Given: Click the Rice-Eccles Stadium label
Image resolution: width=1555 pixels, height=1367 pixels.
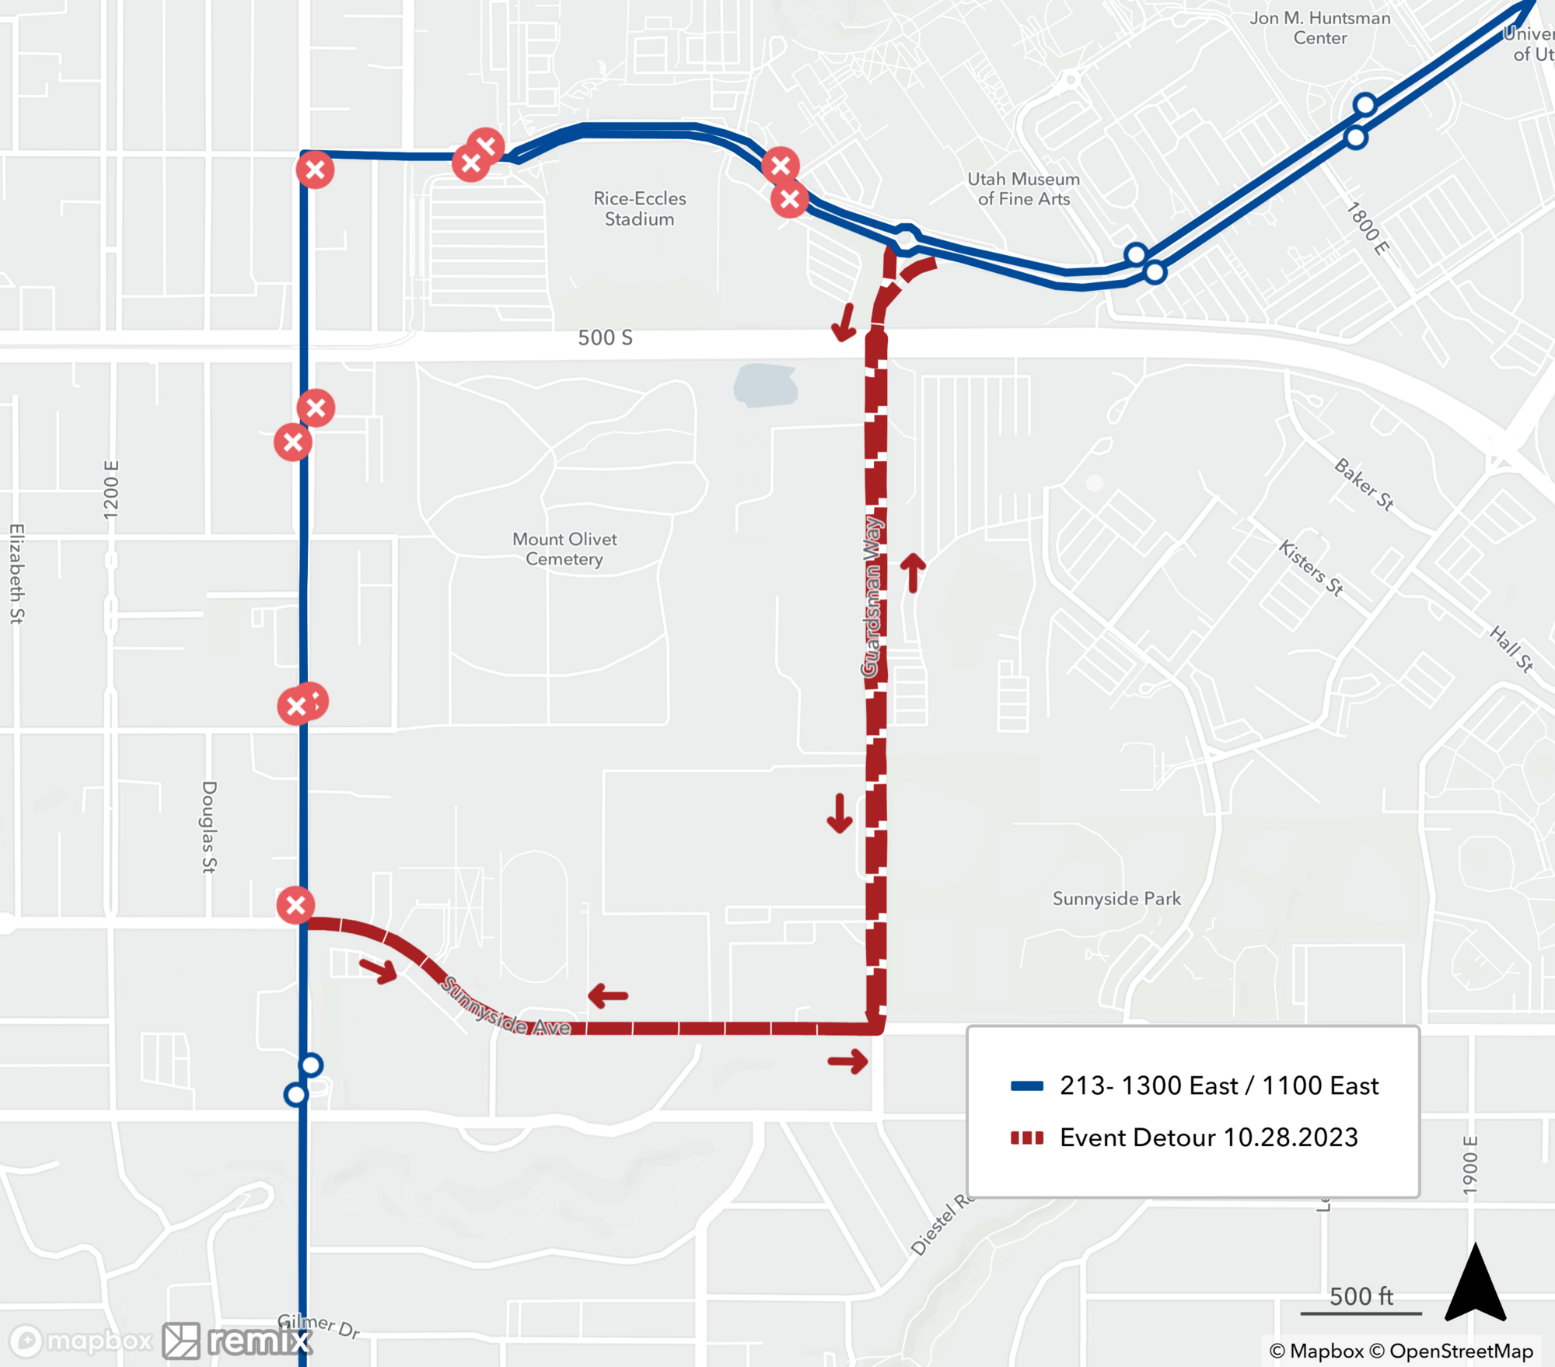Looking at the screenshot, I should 639,208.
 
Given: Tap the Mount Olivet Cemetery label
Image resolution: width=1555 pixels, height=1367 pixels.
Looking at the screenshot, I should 564,549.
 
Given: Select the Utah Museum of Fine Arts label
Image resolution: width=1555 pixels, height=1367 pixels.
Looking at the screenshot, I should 1023,189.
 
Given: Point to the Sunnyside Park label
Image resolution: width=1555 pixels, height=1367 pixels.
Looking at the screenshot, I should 1116,898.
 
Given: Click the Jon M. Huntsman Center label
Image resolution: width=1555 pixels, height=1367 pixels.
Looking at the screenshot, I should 1320,28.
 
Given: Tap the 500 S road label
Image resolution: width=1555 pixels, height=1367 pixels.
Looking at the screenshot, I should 605,337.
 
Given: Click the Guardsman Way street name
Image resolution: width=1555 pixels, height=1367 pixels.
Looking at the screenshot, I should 872,596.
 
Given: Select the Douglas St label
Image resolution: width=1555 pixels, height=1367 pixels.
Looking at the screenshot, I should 209,827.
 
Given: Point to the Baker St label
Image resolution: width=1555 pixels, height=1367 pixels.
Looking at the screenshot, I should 1364,484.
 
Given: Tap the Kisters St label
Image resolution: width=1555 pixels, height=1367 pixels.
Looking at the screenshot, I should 1311,568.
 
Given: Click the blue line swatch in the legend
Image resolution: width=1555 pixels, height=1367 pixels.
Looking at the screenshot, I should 1026,1086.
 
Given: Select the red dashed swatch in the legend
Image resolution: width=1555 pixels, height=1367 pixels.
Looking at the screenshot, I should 1026,1138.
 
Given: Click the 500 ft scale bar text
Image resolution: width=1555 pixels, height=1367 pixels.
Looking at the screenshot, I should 1361,1296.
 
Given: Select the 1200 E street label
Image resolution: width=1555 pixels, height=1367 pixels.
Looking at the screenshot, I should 111,490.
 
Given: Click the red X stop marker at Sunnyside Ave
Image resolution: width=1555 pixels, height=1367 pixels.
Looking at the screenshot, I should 295,905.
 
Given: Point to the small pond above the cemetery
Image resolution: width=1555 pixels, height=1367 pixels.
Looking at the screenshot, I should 766,386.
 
